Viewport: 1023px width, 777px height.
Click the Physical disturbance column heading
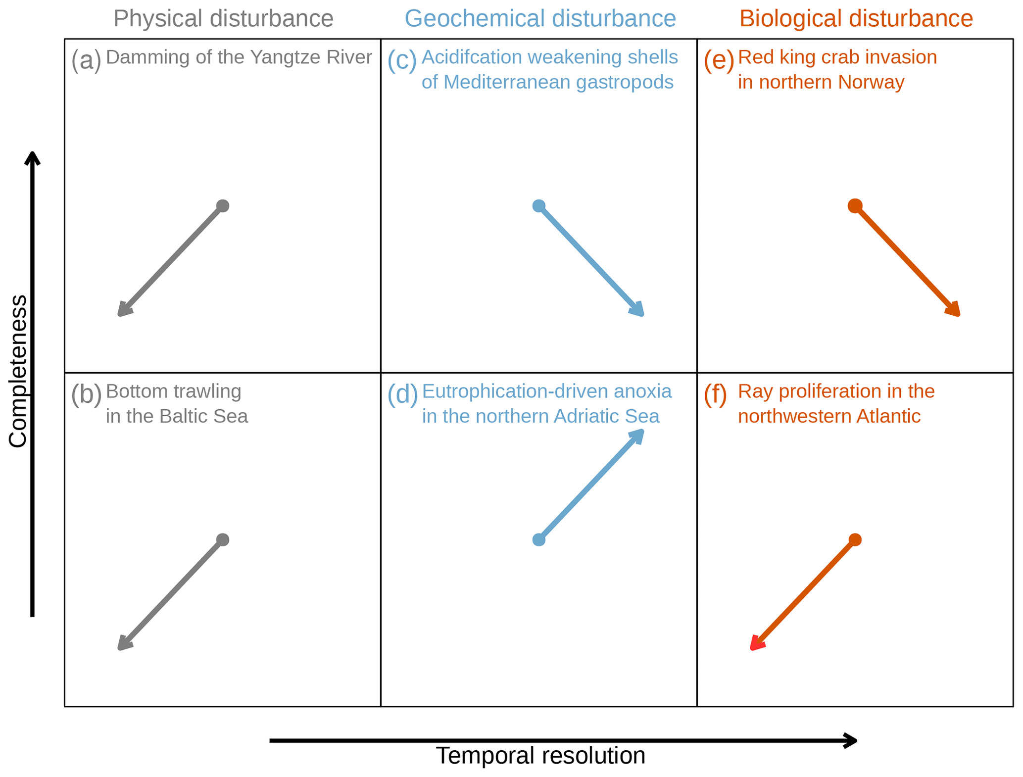(223, 19)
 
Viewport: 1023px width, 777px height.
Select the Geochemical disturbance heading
(540, 19)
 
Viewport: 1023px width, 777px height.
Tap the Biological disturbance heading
(856, 19)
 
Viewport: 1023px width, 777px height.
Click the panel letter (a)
(86, 60)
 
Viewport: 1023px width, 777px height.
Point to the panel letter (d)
(402, 394)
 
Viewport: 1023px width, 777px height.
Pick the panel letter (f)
(715, 394)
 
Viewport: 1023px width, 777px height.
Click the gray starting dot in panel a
(223, 206)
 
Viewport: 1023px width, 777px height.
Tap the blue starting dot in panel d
(539, 540)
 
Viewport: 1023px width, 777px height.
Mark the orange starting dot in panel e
(855, 206)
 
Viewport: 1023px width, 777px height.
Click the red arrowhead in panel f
(756, 644)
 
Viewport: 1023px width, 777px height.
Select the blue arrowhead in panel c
(637, 310)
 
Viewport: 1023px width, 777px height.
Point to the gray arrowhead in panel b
(124, 644)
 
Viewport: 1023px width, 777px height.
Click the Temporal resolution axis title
(540, 756)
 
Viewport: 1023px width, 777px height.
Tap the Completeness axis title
(18, 371)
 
